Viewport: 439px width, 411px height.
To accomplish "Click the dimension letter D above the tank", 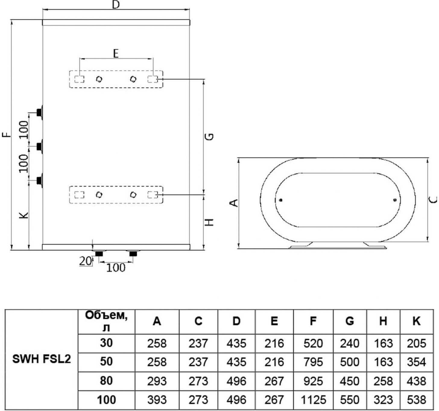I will click(116, 5).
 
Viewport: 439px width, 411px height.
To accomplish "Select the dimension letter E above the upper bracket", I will click(116, 54).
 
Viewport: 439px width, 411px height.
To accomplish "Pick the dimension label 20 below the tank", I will click(86, 261).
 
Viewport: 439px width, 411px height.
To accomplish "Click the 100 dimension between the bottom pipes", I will click(116, 267).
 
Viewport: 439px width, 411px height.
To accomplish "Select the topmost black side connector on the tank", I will click(39, 112).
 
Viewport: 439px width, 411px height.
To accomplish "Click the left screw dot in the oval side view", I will click(281, 200).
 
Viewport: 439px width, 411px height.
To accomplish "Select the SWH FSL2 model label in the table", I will click(42, 359).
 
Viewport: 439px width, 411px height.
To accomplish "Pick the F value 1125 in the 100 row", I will click(313, 400).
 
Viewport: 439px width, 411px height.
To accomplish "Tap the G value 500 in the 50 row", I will click(350, 362).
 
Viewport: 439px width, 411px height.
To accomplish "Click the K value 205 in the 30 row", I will click(416, 343).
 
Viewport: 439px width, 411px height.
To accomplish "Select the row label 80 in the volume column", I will click(106, 381).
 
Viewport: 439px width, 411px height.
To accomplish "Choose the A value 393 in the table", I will click(157, 400).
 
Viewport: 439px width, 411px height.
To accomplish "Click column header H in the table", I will click(383, 321).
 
